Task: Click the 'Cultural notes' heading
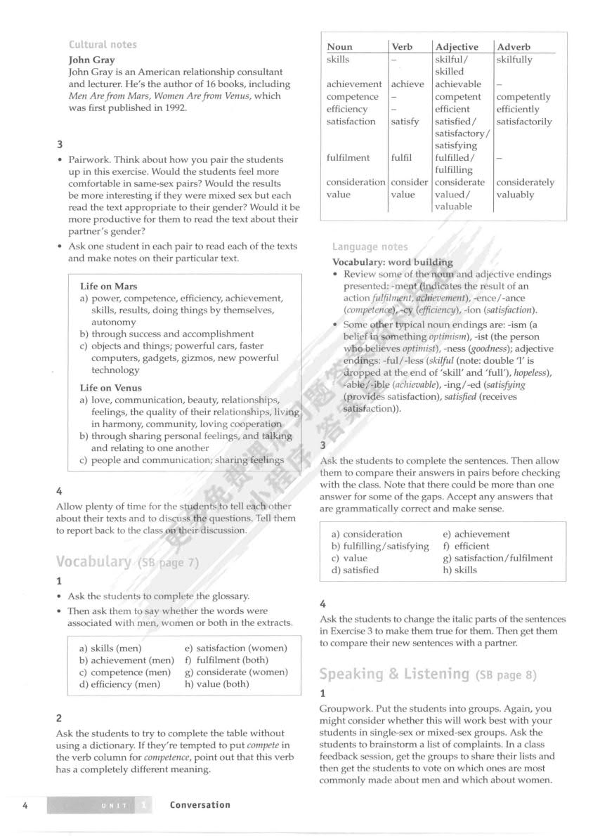pyautogui.click(x=103, y=45)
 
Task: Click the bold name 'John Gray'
pyautogui.click(x=91, y=60)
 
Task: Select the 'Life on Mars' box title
pyautogui.click(x=109, y=287)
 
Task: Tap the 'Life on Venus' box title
pyautogui.click(x=111, y=388)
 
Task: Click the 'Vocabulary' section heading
pyautogui.click(x=93, y=561)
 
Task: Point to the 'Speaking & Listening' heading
pyautogui.click(x=394, y=674)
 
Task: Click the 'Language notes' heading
pyautogui.click(x=370, y=247)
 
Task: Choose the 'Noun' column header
pyautogui.click(x=340, y=47)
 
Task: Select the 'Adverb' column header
pyautogui.click(x=514, y=47)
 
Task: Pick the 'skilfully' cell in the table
pyautogui.click(x=514, y=60)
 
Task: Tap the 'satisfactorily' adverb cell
pyautogui.click(x=524, y=122)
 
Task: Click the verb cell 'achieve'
pyautogui.click(x=407, y=84)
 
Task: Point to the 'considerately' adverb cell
pyautogui.click(x=525, y=183)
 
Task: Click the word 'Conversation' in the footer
pyautogui.click(x=200, y=805)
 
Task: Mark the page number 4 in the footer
pyautogui.click(x=25, y=805)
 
